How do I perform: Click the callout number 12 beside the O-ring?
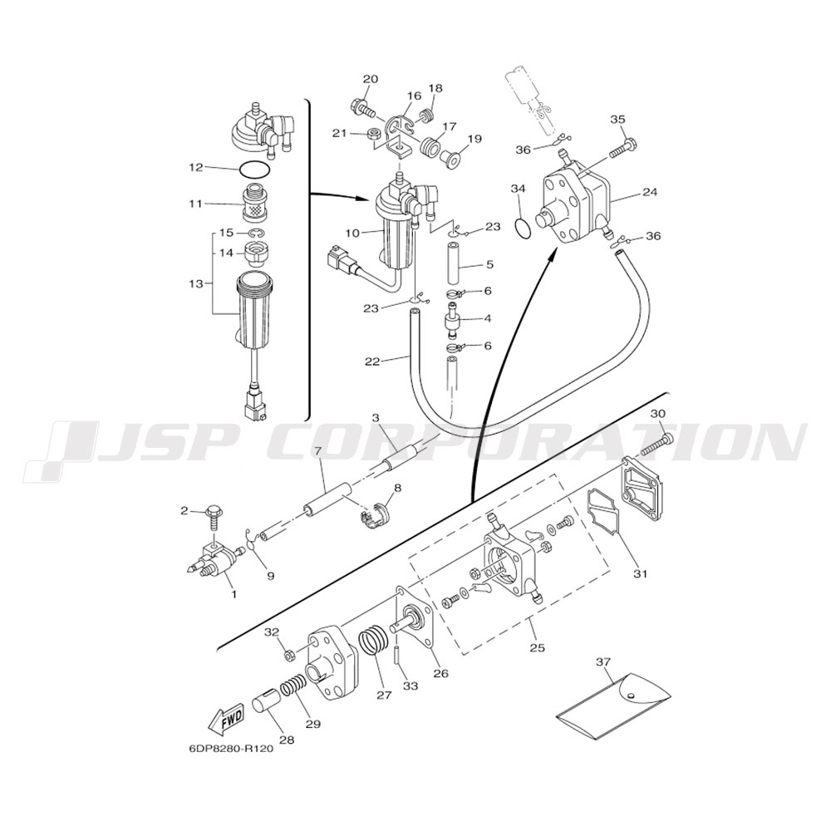tap(196, 168)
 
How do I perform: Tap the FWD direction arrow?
tap(225, 720)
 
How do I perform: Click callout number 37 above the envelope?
tap(603, 662)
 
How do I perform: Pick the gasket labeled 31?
tap(605, 516)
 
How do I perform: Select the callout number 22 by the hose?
tap(373, 361)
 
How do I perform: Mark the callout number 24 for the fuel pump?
tap(650, 192)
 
